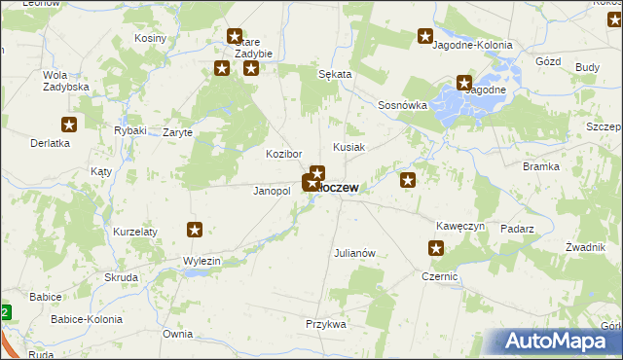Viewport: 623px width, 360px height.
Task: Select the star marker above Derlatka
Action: coord(69,125)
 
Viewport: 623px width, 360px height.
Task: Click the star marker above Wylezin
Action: coord(195,231)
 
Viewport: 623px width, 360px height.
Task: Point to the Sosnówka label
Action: coord(403,105)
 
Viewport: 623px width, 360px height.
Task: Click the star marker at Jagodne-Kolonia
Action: coord(425,37)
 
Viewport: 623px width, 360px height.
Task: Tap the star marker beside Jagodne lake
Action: coord(464,85)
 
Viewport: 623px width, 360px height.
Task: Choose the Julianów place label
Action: coord(354,253)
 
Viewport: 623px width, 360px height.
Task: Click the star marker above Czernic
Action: coord(435,249)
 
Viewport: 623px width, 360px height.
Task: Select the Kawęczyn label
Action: coord(460,226)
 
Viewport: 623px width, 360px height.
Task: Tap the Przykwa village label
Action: coord(325,324)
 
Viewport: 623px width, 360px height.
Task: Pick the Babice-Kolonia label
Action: coord(89,319)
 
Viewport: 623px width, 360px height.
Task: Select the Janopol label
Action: coord(272,191)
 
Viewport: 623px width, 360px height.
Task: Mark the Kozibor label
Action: coord(284,155)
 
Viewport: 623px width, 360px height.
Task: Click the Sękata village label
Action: coord(335,74)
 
